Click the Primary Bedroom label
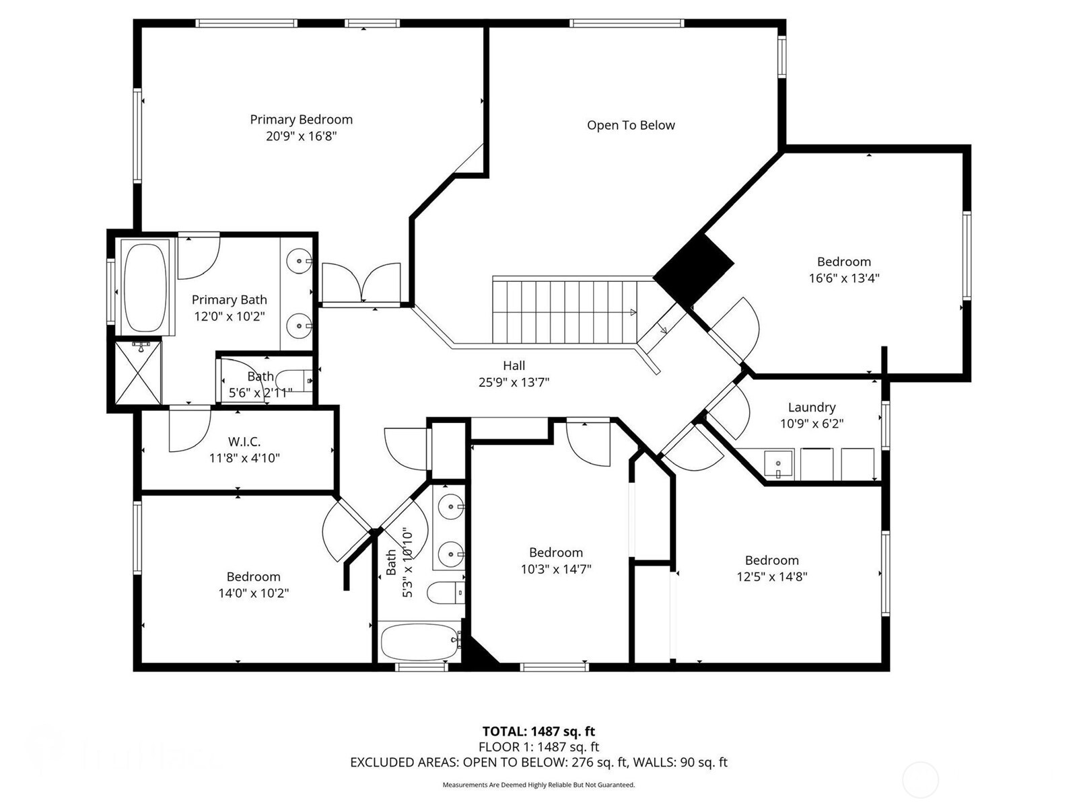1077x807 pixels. point(301,120)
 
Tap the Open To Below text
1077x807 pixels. point(631,125)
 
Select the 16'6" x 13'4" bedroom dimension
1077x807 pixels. point(843,278)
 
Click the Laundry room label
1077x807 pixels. point(812,407)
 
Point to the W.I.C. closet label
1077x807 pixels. point(244,442)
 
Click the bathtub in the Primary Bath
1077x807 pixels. point(145,287)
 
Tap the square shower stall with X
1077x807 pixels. point(138,372)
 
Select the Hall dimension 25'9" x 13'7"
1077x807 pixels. point(514,383)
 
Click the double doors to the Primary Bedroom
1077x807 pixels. point(361,283)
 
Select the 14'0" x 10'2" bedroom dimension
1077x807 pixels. point(253,593)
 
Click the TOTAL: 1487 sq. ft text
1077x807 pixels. point(538,731)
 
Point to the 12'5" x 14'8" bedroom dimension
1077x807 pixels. point(771,576)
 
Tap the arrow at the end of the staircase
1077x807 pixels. point(632,312)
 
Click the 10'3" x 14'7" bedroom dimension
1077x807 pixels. point(555,569)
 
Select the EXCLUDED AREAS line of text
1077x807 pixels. point(538,762)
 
